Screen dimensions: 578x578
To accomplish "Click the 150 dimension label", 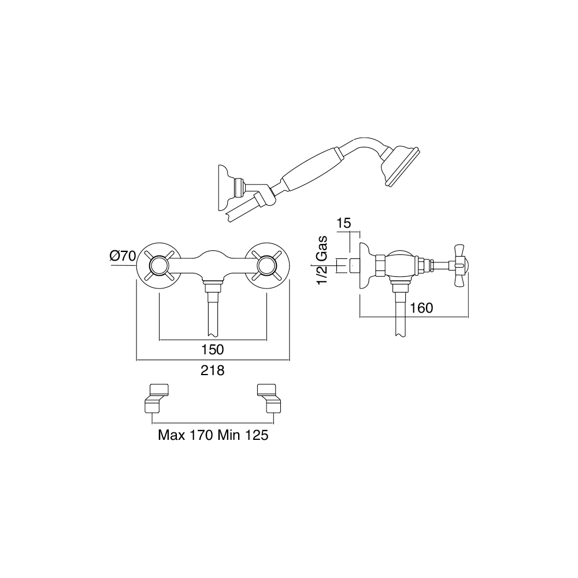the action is pyautogui.click(x=213, y=349).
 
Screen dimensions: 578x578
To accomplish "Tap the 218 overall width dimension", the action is pyautogui.click(x=213, y=370).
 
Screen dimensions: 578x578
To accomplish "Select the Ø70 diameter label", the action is pyautogui.click(x=123, y=255).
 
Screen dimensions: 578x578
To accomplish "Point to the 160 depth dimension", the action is pyautogui.click(x=421, y=307).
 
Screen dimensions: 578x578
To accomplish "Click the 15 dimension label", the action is pyautogui.click(x=343, y=223).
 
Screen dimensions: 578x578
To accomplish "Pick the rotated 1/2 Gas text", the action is pyautogui.click(x=322, y=260).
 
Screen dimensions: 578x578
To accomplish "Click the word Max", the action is pyautogui.click(x=172, y=435).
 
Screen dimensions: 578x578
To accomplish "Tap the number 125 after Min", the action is pyautogui.click(x=257, y=435).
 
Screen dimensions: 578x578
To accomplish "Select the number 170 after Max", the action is pyautogui.click(x=201, y=435).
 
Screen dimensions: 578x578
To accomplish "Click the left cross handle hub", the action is pyautogui.click(x=159, y=266).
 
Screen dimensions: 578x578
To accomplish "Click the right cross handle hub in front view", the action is pyautogui.click(x=266, y=266).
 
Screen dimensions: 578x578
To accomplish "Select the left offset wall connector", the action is pyautogui.click(x=155, y=398).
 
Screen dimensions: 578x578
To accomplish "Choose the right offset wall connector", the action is pyautogui.click(x=270, y=398).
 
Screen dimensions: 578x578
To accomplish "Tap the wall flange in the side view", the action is pyautogui.click(x=366, y=265).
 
